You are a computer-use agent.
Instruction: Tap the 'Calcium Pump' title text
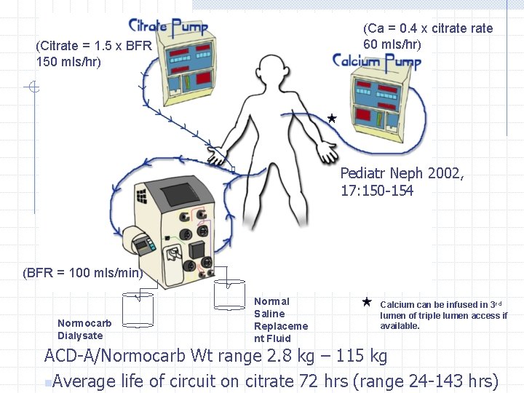pos(376,60)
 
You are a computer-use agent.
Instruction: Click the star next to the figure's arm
pos(331,118)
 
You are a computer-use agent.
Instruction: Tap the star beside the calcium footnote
pos(367,301)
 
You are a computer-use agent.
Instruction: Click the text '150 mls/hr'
pos(68,61)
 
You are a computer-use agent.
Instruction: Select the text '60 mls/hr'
pos(392,44)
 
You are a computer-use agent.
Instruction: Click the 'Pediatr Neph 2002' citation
pos(402,174)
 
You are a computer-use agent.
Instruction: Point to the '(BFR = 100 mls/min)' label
pos(82,273)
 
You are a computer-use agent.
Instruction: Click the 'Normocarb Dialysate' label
pos(84,329)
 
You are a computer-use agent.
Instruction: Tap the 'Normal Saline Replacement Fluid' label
pos(280,319)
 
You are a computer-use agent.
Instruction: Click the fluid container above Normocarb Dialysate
pos(137,309)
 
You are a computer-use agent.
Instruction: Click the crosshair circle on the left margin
pos(34,89)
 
